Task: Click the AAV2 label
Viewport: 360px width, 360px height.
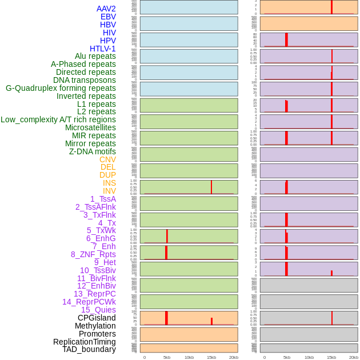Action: [106, 9]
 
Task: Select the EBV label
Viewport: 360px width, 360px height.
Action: [108, 17]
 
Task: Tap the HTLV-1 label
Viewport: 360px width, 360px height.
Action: [102, 49]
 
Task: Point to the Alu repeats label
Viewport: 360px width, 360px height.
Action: [95, 56]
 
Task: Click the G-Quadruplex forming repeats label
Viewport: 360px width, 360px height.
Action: [61, 88]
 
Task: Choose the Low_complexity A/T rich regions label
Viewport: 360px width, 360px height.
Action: [58, 119]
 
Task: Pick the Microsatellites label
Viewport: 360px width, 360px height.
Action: [90, 127]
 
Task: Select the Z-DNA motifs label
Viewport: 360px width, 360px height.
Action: [92, 151]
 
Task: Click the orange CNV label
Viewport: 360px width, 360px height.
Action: [107, 159]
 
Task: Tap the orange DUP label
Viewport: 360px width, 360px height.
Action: [107, 175]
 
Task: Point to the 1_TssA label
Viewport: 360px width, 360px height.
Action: [103, 199]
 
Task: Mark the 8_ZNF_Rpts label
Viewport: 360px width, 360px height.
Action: [93, 254]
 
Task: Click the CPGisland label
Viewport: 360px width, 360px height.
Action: [97, 318]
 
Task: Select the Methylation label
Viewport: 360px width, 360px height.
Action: [95, 326]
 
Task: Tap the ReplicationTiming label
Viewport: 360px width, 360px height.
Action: [84, 342]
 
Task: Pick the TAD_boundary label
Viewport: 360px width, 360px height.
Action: [89, 349]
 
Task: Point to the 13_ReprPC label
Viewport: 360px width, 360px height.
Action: [94, 294]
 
